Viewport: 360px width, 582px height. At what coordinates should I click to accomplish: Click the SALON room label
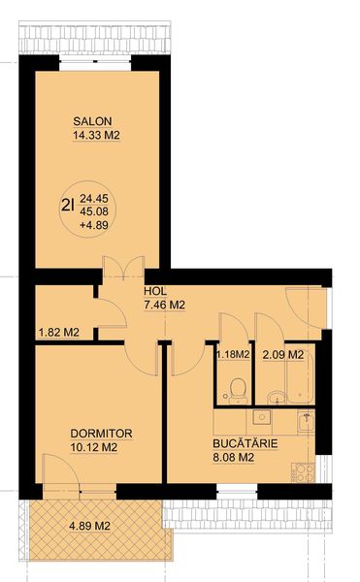click(92, 121)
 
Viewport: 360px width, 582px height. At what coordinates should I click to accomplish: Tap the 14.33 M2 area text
click(96, 135)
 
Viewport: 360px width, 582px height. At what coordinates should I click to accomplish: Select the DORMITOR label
click(101, 434)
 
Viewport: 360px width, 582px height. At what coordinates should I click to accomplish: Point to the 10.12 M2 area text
click(94, 447)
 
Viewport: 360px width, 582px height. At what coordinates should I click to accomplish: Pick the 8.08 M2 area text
click(234, 457)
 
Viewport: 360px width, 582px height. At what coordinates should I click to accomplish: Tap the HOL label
click(155, 291)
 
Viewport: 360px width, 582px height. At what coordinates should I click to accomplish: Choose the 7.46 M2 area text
click(164, 306)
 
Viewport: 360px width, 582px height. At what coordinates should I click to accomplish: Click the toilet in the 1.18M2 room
click(237, 391)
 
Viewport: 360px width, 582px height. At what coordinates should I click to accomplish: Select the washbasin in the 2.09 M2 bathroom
click(277, 397)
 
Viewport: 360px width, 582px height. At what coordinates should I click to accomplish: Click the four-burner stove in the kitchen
click(303, 472)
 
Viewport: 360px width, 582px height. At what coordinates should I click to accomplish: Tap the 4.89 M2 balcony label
click(90, 526)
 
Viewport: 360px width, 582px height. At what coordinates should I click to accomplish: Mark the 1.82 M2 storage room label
click(59, 332)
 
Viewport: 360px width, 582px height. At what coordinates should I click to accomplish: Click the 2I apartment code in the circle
click(68, 205)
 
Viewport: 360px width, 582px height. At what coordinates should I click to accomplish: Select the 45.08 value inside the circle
click(94, 211)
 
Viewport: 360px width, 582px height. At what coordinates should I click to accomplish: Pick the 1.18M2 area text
click(233, 354)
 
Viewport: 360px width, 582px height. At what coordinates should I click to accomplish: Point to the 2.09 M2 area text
click(283, 355)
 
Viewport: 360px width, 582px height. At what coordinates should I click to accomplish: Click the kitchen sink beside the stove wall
click(306, 422)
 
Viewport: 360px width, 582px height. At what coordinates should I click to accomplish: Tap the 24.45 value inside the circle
click(94, 198)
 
